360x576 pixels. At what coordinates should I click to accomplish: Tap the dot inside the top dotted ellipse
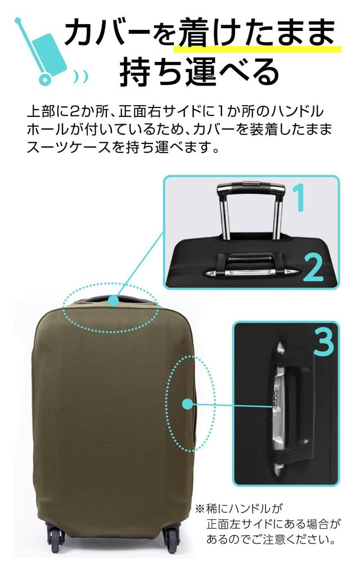tap(114, 301)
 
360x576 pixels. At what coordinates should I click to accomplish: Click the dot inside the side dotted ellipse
tap(188, 403)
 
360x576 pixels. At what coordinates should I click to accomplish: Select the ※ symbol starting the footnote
tap(199, 509)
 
